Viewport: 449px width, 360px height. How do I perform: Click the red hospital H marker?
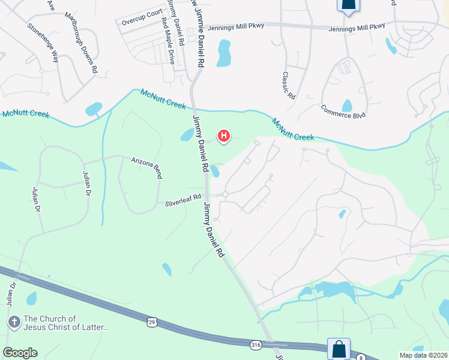pyautogui.click(x=223, y=137)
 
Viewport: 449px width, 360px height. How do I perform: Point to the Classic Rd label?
pyautogui.click(x=289, y=86)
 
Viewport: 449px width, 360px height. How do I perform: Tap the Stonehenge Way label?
pyautogui.click(x=42, y=43)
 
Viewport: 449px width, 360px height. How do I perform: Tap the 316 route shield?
pyautogui.click(x=256, y=344)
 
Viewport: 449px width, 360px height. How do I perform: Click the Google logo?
pyautogui.click(x=20, y=353)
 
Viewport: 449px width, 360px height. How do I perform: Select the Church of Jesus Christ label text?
pyautogui.click(x=66, y=323)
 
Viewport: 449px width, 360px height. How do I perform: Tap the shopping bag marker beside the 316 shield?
pyautogui.click(x=339, y=349)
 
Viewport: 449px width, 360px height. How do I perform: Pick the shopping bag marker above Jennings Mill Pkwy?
pyautogui.click(x=348, y=5)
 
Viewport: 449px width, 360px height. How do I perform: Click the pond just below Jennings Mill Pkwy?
pyautogui.click(x=224, y=53)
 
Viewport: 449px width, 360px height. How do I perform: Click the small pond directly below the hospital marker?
pyautogui.click(x=214, y=171)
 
